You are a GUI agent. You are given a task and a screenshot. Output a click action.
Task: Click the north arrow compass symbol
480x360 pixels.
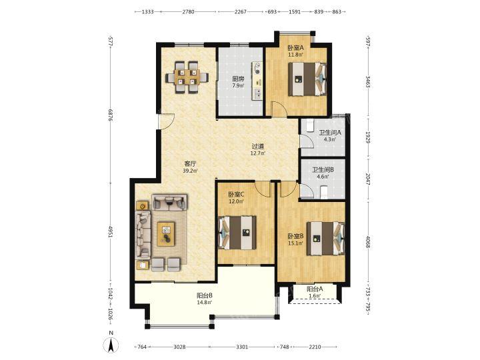(x=111, y=345)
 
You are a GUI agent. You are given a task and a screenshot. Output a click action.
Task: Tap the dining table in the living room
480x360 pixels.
(x=187, y=77)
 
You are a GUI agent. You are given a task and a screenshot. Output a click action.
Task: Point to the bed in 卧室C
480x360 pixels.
(x=237, y=233)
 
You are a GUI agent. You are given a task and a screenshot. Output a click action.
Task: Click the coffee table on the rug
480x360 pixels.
(x=166, y=234)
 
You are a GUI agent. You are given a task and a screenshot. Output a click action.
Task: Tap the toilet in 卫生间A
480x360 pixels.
(x=309, y=125)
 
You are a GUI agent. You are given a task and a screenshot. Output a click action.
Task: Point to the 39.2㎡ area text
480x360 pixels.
(x=190, y=171)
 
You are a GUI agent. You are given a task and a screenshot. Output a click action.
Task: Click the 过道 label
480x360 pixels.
(x=258, y=146)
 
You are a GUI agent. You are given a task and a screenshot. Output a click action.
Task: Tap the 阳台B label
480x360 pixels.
(x=205, y=296)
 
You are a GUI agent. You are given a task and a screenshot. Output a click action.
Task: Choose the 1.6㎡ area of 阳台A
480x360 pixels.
(x=315, y=296)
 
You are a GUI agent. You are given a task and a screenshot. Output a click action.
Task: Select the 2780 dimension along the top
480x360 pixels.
(x=188, y=12)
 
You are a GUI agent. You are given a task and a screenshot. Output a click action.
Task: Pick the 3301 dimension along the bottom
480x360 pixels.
(x=242, y=347)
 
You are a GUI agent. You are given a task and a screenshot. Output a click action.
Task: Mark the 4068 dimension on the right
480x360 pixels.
(x=368, y=242)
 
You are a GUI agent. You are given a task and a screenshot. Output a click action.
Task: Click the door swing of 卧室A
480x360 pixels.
(x=279, y=109)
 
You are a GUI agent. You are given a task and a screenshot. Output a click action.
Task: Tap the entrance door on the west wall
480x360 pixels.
(x=166, y=121)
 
